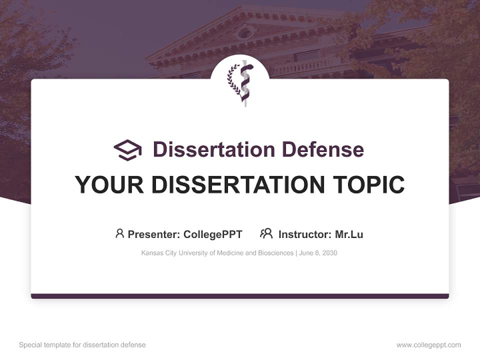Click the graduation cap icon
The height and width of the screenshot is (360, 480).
[127, 150]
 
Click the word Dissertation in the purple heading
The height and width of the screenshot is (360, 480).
[214, 149]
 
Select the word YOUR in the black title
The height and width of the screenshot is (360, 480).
[109, 185]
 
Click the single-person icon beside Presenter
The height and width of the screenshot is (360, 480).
[119, 233]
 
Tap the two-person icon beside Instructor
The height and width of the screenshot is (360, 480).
[266, 233]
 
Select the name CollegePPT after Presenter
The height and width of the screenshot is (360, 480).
[213, 234]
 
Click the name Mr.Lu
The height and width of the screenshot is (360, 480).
[349, 234]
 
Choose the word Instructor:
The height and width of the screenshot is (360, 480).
[304, 234]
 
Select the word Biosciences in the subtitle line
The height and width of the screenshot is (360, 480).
[275, 253]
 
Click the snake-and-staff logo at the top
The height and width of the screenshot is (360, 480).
[240, 83]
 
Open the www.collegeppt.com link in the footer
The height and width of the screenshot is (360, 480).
[428, 345]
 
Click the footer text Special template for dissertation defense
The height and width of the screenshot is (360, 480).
[82, 345]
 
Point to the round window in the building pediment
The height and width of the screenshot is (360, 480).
[244, 33]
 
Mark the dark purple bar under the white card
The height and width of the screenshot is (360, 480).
[240, 296]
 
